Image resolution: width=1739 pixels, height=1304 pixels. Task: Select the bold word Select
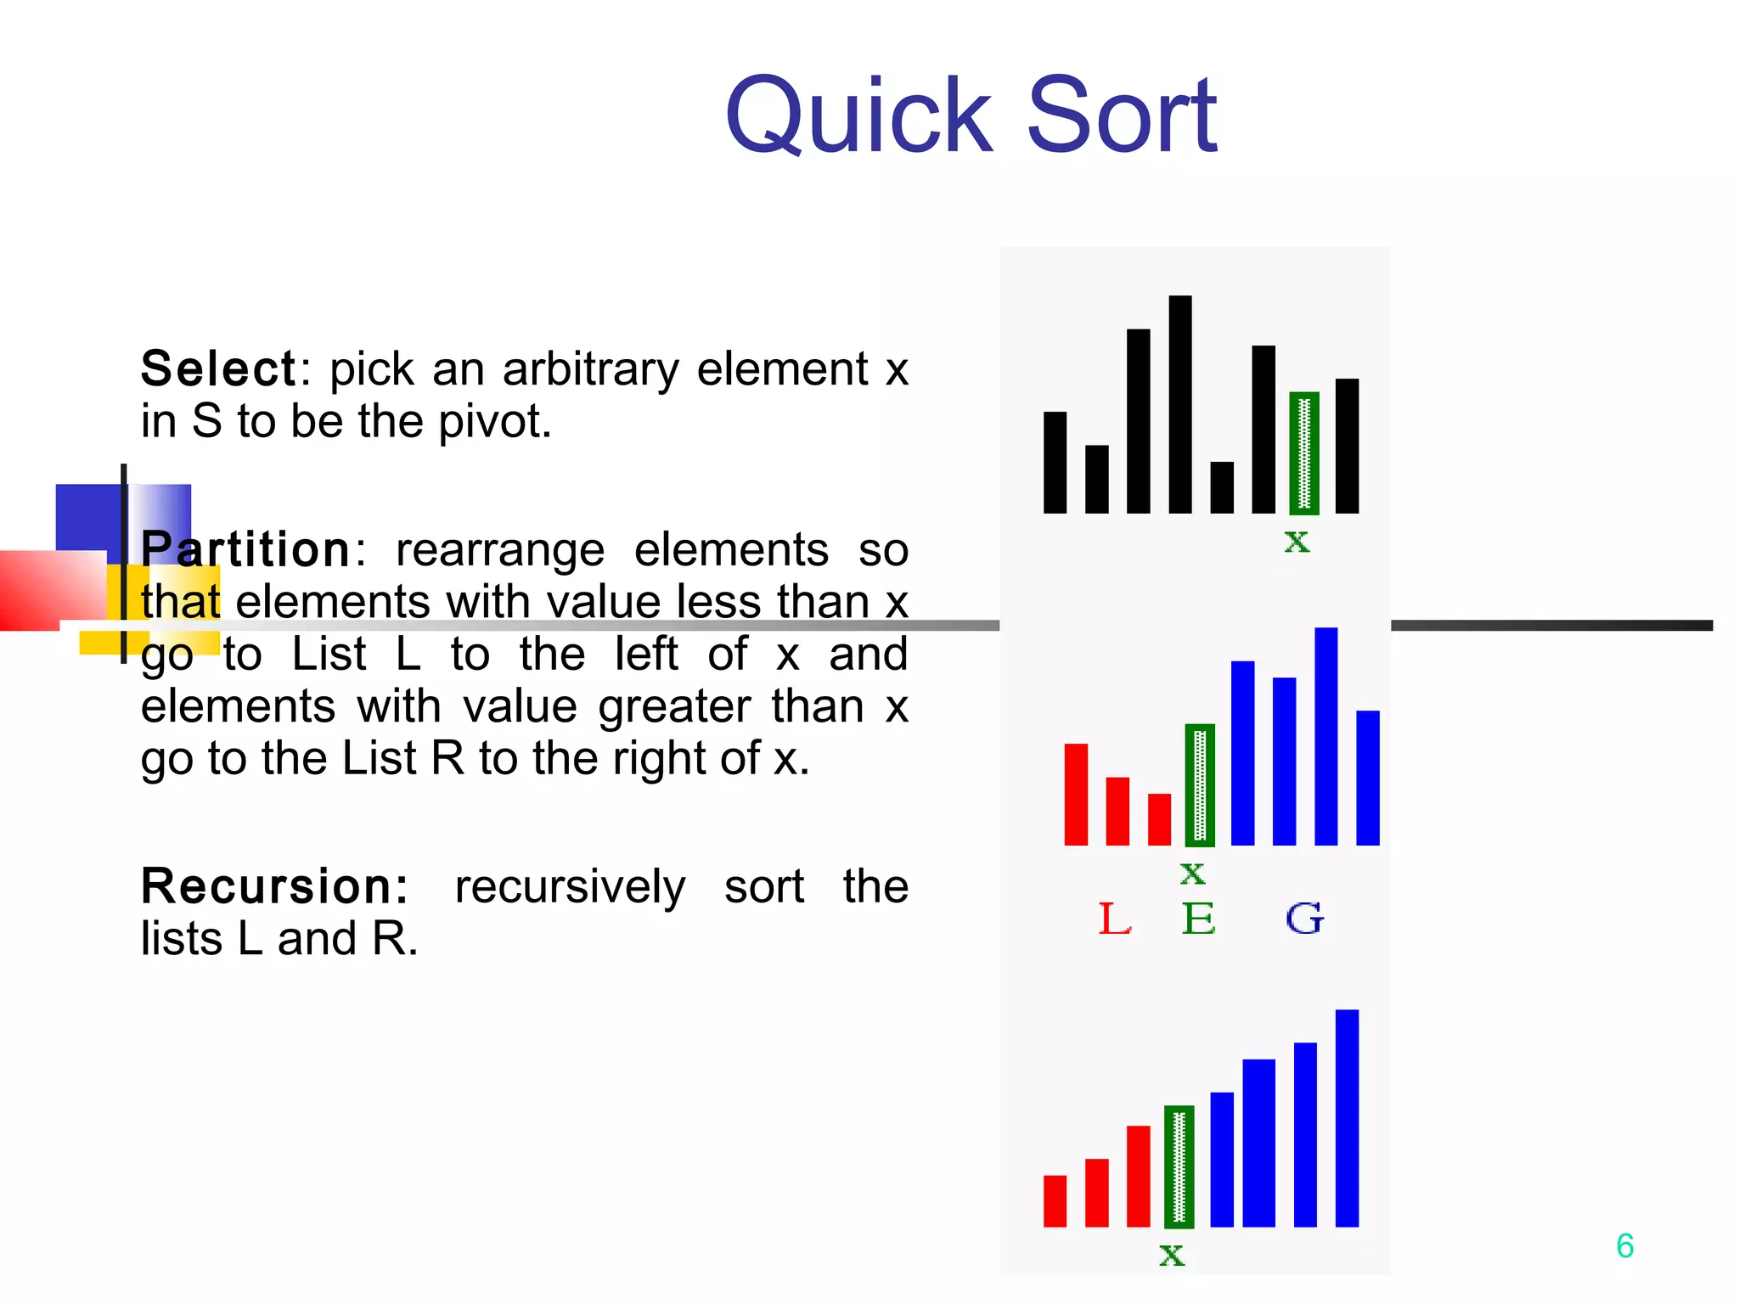(218, 369)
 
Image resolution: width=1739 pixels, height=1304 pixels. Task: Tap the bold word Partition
(245, 550)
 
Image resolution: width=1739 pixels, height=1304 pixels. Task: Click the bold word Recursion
(273, 886)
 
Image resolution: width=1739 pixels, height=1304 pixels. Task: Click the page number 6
(1624, 1246)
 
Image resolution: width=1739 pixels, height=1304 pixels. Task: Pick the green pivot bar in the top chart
(1303, 453)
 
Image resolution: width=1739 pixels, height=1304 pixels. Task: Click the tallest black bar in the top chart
(1179, 404)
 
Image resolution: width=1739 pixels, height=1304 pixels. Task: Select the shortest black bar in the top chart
(1221, 487)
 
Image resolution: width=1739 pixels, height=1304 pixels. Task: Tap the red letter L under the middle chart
(1114, 919)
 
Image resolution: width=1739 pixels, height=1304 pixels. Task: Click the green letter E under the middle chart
(1198, 919)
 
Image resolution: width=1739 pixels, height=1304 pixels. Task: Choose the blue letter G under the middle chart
(1303, 919)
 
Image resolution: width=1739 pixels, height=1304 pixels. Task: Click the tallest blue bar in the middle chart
(1325, 736)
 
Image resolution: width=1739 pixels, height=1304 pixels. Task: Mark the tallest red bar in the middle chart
(1075, 794)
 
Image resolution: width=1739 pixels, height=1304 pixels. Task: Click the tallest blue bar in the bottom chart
(1347, 1118)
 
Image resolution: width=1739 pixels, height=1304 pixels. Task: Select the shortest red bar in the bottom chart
(1054, 1200)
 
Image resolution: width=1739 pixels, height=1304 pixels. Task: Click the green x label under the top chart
(1297, 541)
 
